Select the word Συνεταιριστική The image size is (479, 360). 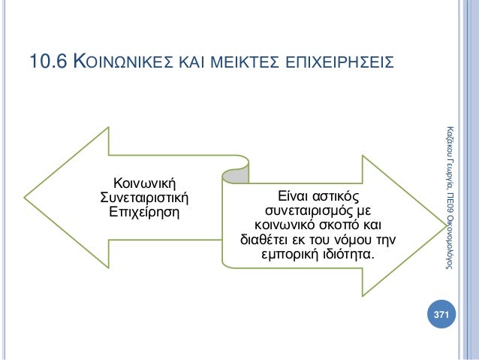tap(143, 197)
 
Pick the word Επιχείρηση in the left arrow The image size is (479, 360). tap(143, 211)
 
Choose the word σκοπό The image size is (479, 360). tap(338, 225)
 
